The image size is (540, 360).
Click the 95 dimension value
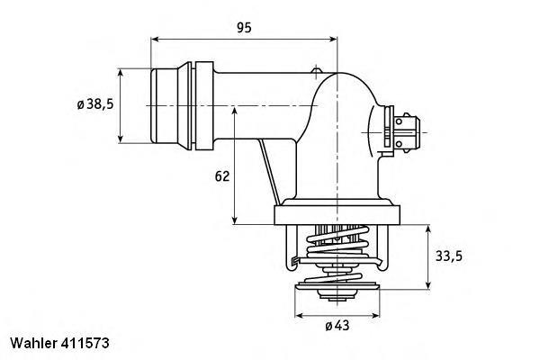point(245,28)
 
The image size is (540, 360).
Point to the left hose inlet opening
point(155,105)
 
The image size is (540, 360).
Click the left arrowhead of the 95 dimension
point(156,40)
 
